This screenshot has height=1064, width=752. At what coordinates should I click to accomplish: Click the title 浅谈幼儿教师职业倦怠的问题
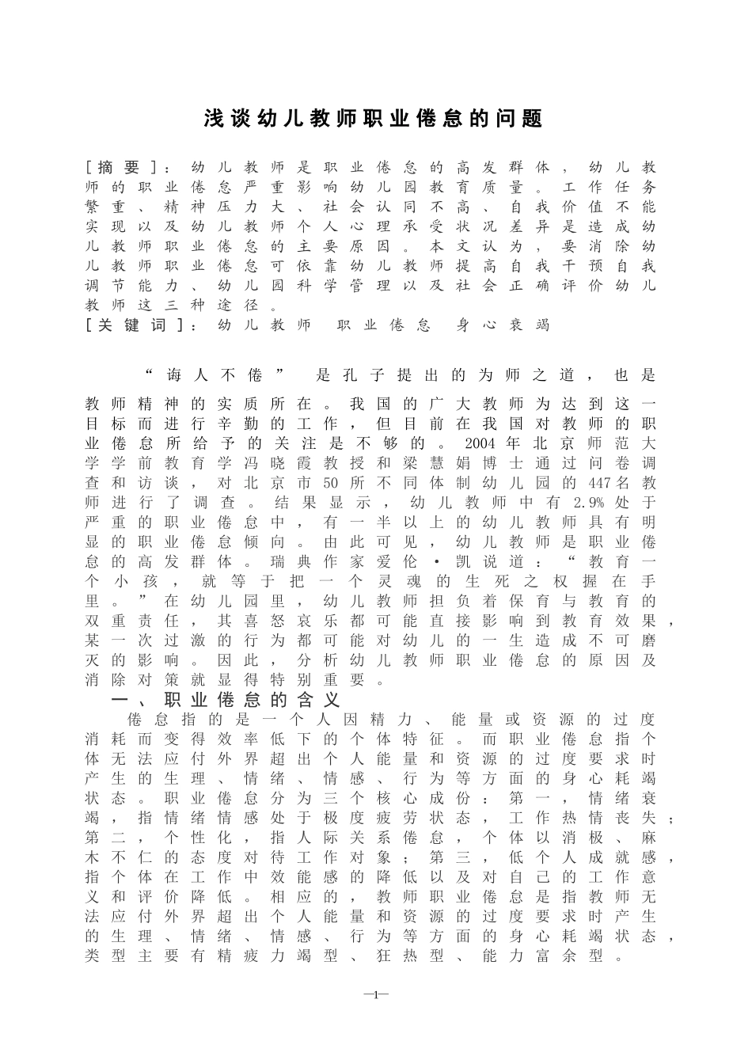point(374,119)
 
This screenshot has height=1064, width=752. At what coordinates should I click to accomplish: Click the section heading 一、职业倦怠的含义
point(226,701)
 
